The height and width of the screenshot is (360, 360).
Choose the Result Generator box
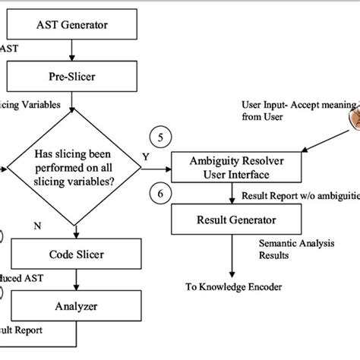pos(232,221)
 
